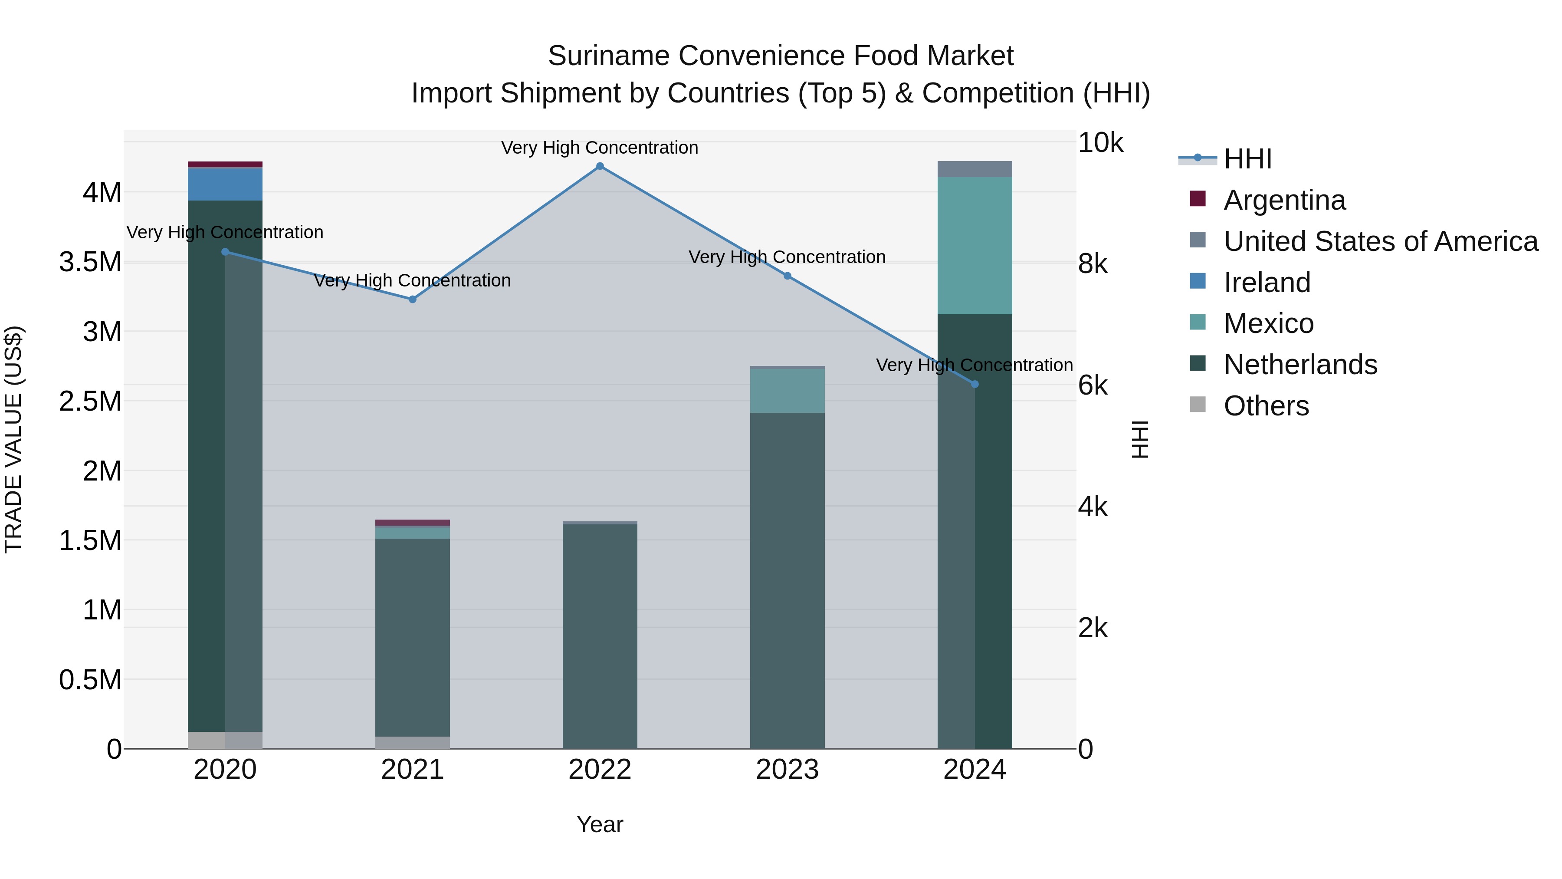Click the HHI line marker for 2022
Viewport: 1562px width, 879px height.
click(x=600, y=166)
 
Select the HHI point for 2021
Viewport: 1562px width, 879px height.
click(x=412, y=299)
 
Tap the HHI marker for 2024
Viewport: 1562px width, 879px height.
click(x=975, y=384)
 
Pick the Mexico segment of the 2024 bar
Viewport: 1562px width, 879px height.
click(x=975, y=246)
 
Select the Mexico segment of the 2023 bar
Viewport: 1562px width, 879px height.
click(x=787, y=391)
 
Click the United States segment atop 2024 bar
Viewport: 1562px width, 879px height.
click(x=975, y=169)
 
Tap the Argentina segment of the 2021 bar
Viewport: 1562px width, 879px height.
click(x=412, y=522)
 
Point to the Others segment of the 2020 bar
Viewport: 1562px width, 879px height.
click(x=206, y=740)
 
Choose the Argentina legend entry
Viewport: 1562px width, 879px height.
click(x=1284, y=200)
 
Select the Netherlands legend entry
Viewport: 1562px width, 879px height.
click(x=1300, y=365)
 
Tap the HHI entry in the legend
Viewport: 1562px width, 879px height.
click(x=1247, y=159)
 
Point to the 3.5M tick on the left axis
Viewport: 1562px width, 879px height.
click(x=90, y=262)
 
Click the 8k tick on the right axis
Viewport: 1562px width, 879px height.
click(x=1093, y=264)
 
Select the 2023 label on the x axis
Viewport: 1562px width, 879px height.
click(x=787, y=770)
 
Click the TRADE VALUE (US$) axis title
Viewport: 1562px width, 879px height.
click(x=13, y=439)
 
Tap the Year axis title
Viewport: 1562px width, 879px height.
click(x=600, y=824)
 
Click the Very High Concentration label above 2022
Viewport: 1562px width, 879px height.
click(x=600, y=148)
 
